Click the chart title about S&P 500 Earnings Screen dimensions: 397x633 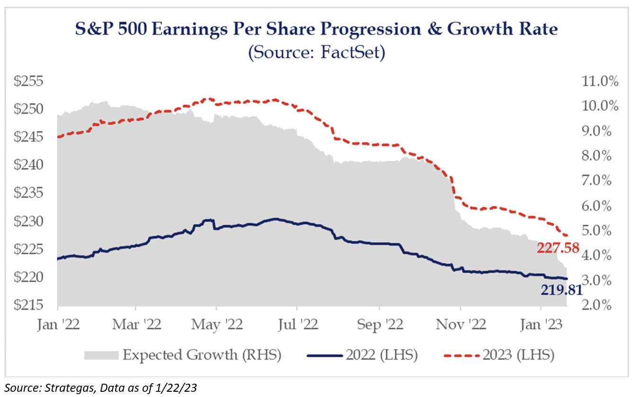pyautogui.click(x=316, y=30)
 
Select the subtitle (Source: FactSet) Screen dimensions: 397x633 pyautogui.click(x=316, y=52)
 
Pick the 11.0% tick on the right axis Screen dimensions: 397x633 pyautogui.click(x=599, y=82)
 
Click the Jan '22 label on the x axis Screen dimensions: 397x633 pyautogui.click(x=58, y=325)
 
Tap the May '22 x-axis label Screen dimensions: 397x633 pyautogui.click(x=216, y=325)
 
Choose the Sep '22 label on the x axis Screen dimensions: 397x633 pyautogui.click(x=380, y=325)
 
